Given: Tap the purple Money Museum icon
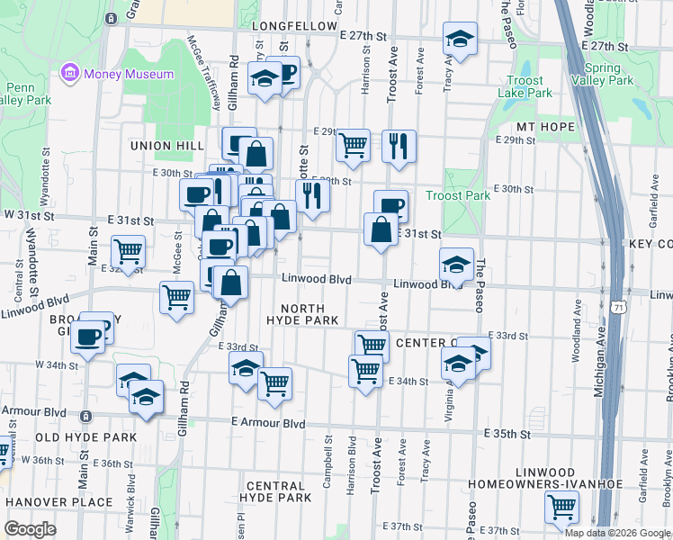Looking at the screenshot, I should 68,72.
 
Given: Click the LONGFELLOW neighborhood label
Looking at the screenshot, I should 293,27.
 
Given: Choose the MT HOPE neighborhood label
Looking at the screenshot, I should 545,127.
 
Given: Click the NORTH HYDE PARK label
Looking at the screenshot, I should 302,314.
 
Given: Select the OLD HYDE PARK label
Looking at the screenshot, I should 85,437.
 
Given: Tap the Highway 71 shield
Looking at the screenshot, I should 615,307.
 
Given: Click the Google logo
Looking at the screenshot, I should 30,528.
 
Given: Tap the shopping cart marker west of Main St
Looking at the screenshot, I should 128,252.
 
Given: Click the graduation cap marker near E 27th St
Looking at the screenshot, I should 460,39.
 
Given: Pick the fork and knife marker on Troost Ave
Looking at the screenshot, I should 399,146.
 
